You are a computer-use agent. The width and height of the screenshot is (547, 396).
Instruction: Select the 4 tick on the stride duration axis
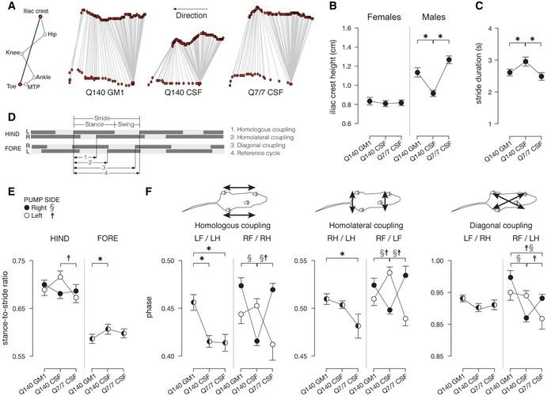pos(484,29)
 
